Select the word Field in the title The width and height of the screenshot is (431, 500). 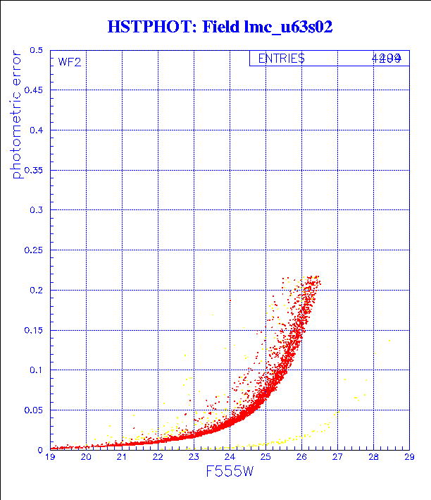coord(220,28)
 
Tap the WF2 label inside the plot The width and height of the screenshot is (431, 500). coord(70,62)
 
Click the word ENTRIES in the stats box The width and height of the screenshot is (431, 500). coord(281,59)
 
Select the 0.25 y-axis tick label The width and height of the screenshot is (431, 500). coord(34,250)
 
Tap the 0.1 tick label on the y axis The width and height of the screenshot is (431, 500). coord(37,370)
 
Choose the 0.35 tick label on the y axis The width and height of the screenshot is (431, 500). coord(34,171)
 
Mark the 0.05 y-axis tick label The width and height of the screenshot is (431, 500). coord(34,410)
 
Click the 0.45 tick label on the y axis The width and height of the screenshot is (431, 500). coord(34,91)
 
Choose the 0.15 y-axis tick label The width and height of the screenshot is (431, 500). coord(34,330)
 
